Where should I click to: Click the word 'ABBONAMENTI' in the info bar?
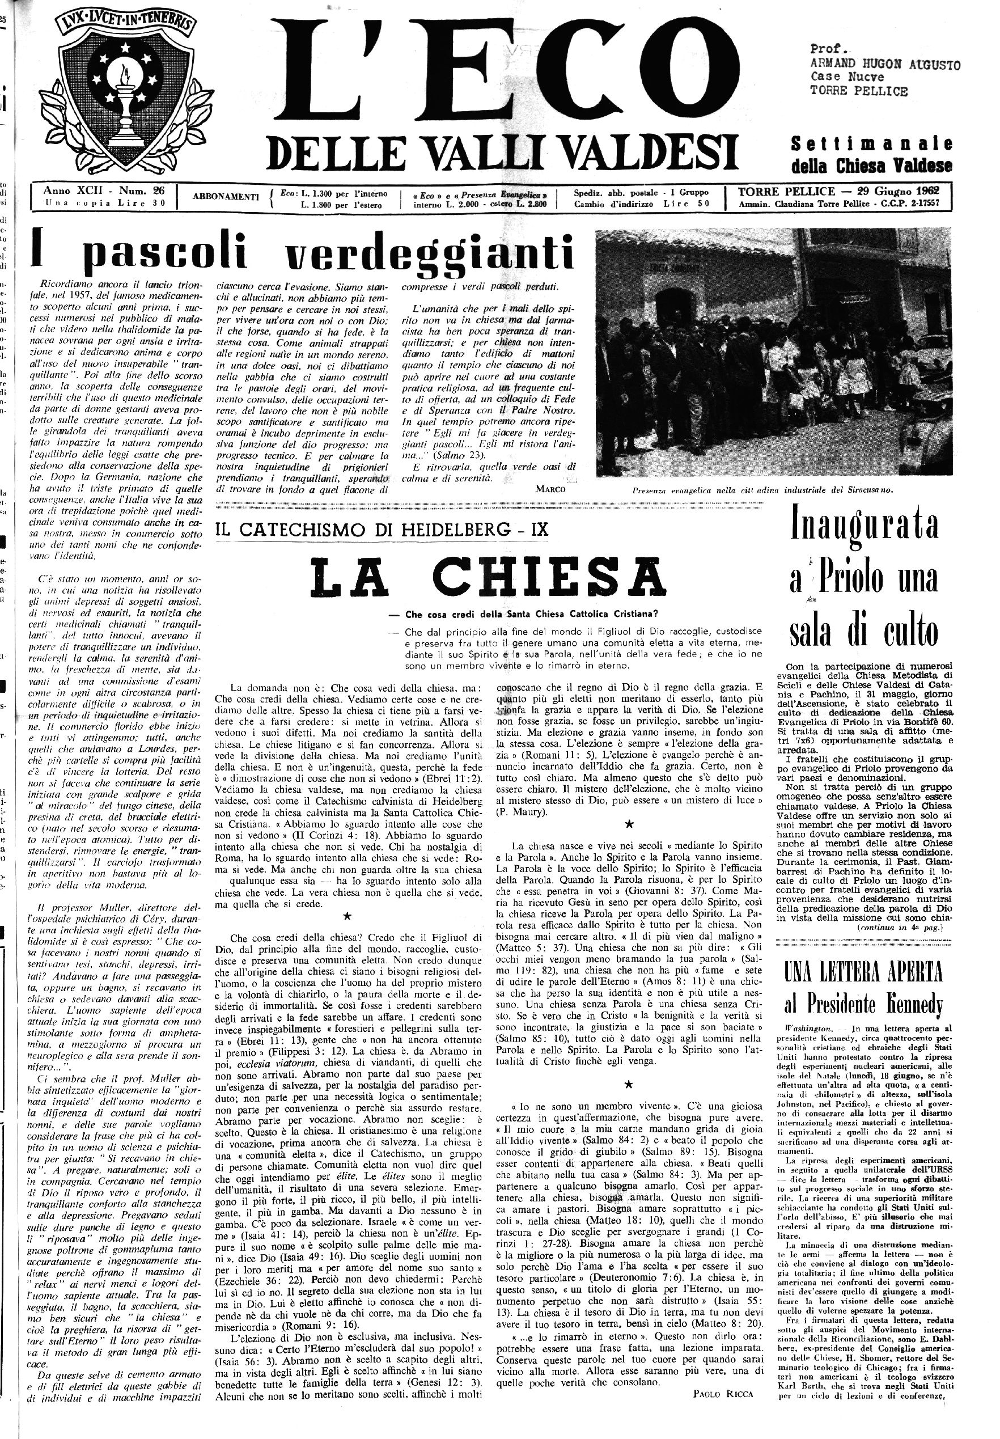226,197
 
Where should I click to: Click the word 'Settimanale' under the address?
871,143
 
